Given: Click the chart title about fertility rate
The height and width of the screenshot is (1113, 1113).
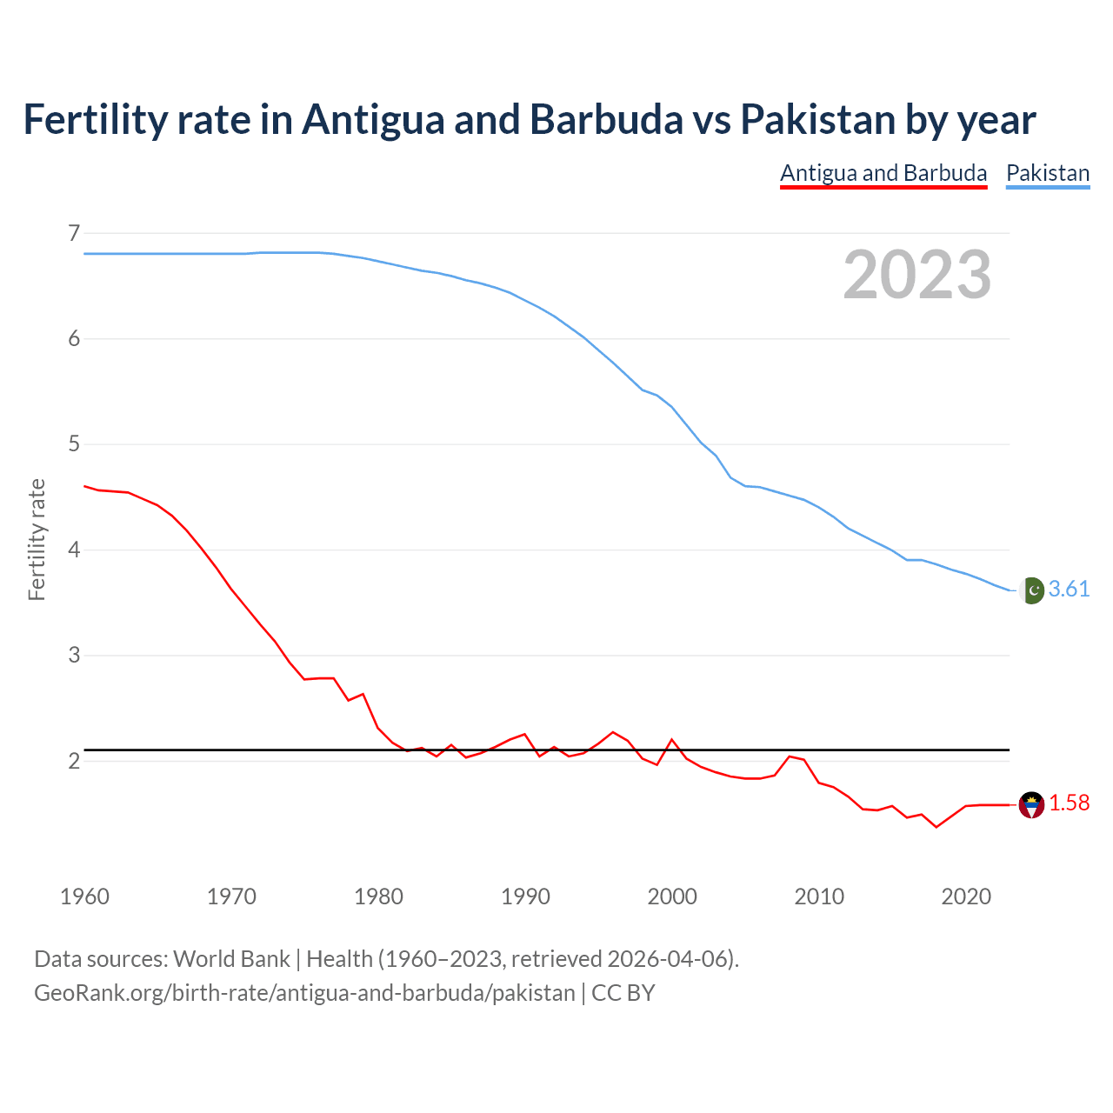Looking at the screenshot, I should [529, 120].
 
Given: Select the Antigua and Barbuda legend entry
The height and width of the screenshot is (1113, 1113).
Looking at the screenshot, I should [883, 173].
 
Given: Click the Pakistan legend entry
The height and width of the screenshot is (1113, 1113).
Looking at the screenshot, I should [1048, 173].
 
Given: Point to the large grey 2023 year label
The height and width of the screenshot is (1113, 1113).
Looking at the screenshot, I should [916, 275].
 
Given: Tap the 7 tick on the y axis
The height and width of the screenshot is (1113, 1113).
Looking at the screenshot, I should [74, 233].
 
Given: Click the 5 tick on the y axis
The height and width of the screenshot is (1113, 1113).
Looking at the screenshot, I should [74, 444].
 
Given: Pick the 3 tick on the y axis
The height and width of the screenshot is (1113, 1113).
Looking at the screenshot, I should [74, 656].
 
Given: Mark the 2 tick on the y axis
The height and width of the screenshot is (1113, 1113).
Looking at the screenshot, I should [74, 761].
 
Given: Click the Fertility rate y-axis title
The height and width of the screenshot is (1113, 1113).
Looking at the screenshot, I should [37, 539].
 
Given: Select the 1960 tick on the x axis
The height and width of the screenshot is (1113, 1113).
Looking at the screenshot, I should [84, 896].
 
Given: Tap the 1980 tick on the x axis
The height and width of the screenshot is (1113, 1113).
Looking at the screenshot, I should [378, 896].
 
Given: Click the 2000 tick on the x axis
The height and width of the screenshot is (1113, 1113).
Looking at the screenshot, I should [672, 896].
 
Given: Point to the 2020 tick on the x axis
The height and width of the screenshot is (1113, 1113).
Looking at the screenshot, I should [966, 896].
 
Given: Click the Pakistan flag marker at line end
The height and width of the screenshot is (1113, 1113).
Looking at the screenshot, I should [1031, 590].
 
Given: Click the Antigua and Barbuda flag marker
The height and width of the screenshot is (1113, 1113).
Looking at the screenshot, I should [1031, 805].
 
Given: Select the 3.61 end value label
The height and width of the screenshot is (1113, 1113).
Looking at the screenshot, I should [1069, 590].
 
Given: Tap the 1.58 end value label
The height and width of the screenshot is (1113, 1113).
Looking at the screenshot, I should [1069, 803].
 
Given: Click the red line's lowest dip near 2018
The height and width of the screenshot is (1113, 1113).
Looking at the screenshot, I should [936, 826].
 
